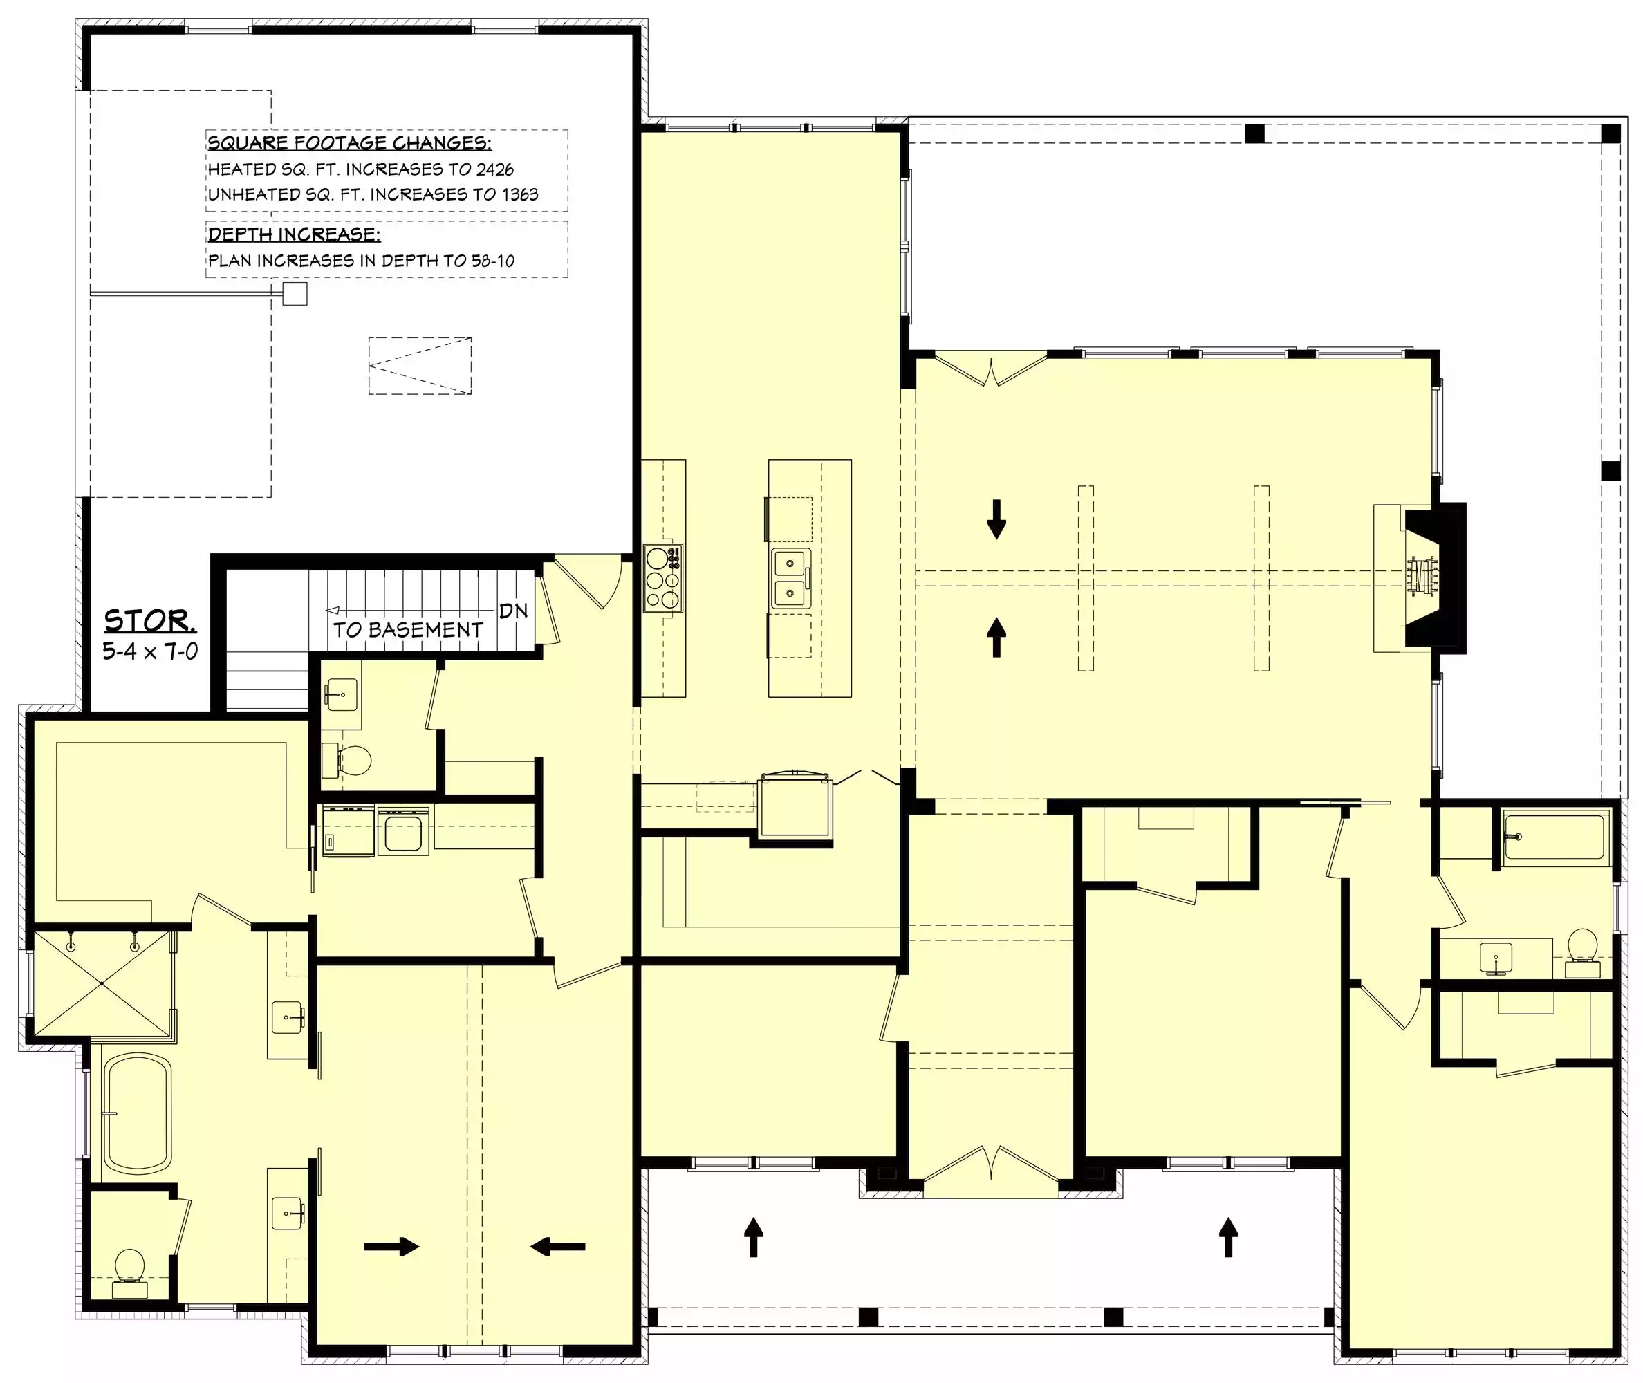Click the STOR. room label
tap(150, 621)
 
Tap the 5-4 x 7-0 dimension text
tap(150, 651)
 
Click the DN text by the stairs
tap(513, 611)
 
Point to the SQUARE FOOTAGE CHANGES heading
tap(350, 142)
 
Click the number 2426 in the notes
tap(494, 169)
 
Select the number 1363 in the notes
tap(520, 194)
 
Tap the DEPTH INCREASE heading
tap(294, 234)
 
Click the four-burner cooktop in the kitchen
tap(663, 579)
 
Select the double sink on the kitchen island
tap(791, 579)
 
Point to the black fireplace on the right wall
tap(1434, 578)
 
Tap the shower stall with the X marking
tap(101, 983)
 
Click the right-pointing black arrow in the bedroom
tap(391, 1246)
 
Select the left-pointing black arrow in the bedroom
tap(557, 1246)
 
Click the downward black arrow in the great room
tap(996, 519)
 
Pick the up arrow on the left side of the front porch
tap(752, 1237)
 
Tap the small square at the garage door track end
tap(295, 294)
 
